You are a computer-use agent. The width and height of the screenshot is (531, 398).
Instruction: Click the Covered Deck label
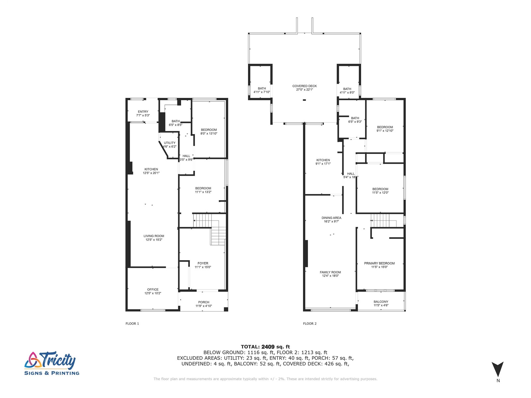[304, 86]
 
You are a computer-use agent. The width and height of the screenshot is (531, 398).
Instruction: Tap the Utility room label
[170, 143]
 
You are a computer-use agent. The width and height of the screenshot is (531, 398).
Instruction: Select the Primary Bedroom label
[379, 263]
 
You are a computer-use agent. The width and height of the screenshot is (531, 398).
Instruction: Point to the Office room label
[153, 290]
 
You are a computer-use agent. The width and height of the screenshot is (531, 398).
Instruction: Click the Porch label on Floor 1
[203, 302]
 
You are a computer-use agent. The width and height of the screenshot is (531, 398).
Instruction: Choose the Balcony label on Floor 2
[381, 302]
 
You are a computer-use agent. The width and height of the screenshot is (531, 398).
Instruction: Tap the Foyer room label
[203, 263]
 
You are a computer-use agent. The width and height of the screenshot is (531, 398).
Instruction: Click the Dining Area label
[331, 218]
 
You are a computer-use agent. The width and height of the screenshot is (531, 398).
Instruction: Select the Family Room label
[330, 272]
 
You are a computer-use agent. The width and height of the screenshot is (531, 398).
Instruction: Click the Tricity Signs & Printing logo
[52, 364]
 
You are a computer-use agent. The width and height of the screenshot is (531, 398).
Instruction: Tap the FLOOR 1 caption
[132, 324]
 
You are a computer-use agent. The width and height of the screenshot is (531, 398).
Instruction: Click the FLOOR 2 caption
[310, 324]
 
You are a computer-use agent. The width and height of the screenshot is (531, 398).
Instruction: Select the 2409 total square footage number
[268, 347]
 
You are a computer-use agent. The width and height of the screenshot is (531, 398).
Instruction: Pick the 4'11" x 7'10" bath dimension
[262, 92]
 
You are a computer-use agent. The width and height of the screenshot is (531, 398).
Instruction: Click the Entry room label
[143, 112]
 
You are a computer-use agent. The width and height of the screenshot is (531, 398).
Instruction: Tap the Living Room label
[154, 236]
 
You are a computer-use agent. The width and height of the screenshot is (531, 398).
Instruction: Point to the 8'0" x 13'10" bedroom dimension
[209, 134]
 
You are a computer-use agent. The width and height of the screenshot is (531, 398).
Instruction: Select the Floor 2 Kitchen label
[323, 160]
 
